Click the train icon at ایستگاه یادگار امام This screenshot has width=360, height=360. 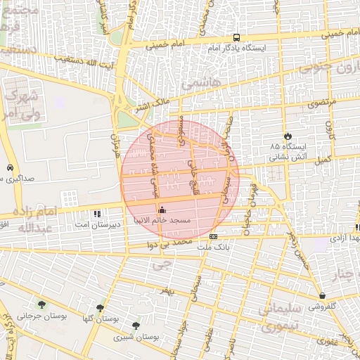click(x=236, y=38)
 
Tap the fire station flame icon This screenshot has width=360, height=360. click(x=287, y=136)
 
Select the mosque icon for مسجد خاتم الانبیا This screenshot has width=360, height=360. click(x=162, y=210)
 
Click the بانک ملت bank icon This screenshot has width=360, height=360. click(x=213, y=236)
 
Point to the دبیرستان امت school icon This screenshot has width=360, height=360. click(x=97, y=212)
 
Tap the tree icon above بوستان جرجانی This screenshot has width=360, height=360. click(x=41, y=304)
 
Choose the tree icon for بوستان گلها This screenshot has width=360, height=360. click(x=101, y=307)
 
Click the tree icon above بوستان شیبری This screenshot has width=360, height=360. click(x=136, y=325)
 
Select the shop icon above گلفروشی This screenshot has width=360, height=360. click(x=322, y=295)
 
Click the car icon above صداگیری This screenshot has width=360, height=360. click(x=9, y=168)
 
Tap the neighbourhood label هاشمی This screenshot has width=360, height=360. click(x=200, y=82)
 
